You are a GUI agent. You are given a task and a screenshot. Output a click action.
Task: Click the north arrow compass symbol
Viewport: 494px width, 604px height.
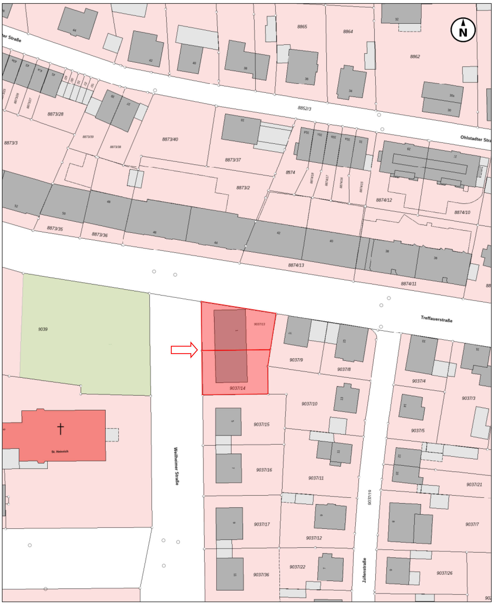(463, 30)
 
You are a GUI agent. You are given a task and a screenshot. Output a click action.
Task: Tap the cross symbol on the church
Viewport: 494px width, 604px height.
(60, 429)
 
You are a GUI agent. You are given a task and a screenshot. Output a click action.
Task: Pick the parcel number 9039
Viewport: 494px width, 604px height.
(43, 329)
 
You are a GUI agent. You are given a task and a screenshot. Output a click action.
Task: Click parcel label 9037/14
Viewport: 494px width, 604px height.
(237, 388)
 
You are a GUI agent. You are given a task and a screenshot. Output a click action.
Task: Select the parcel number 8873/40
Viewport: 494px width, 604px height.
(170, 139)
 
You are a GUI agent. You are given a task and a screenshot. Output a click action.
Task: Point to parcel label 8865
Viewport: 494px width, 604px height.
(302, 27)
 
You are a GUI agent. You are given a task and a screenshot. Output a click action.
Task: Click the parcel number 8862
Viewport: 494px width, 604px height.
(415, 57)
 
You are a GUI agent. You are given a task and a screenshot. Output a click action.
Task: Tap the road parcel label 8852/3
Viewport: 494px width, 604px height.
(304, 108)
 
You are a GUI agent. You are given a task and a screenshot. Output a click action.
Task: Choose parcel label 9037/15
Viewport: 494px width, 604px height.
(262, 424)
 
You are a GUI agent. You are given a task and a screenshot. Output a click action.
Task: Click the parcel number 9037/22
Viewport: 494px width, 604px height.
(297, 567)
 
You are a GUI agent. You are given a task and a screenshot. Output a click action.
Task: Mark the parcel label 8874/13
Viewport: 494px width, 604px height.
(296, 265)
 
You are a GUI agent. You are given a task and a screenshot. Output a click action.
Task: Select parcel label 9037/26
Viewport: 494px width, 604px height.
(444, 573)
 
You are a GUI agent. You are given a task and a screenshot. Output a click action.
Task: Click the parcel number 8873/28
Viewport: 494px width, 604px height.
(56, 114)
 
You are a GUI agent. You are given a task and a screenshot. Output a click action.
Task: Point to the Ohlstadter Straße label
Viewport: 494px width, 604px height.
(476, 139)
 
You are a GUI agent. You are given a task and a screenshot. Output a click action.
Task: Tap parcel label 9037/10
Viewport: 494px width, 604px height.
(309, 404)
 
